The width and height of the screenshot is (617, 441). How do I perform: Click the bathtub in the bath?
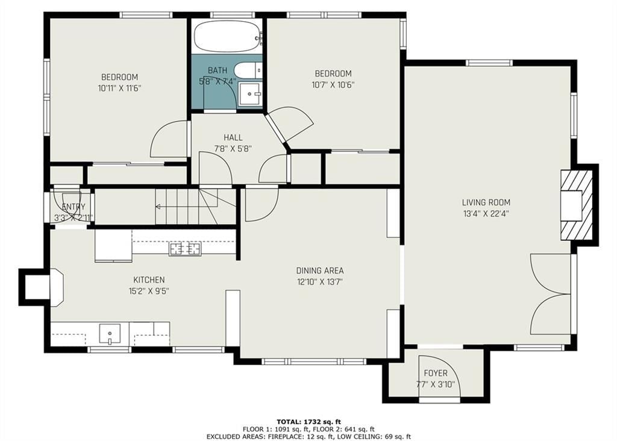228,36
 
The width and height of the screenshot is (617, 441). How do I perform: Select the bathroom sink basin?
250,94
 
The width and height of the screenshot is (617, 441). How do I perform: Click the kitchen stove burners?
185,249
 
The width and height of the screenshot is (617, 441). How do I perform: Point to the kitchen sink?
110,334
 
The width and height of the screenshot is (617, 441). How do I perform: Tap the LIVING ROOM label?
486,202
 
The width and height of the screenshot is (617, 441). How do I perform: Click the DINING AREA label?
320,271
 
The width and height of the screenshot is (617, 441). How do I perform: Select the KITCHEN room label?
149,280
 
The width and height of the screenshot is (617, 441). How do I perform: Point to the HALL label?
233,137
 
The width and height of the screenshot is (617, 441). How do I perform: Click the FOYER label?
436,373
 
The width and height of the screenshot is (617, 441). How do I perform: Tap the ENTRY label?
74,207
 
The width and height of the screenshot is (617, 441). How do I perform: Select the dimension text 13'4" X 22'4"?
486,214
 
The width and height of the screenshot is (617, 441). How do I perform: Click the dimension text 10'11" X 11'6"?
120,88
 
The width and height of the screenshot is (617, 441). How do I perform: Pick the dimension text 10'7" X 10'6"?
333,84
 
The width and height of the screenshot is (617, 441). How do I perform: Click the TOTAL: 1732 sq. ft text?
309,422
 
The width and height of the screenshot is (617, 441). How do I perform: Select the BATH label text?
217,70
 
